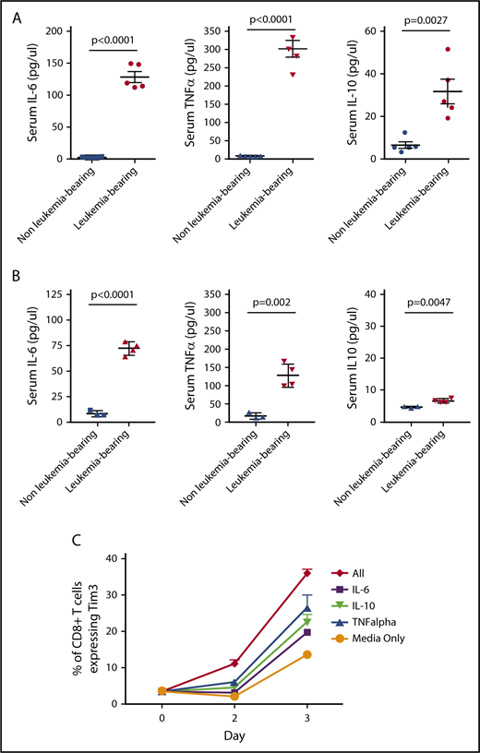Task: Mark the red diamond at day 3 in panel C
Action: [x=306, y=573]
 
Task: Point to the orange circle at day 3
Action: [x=306, y=654]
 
